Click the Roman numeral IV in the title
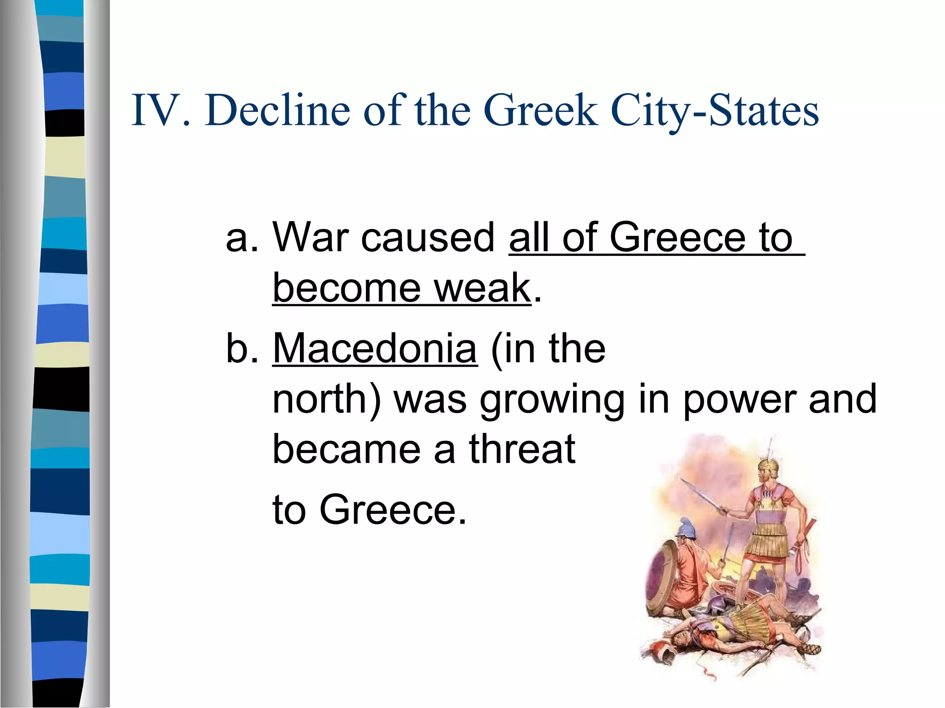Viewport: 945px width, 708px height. tap(155, 111)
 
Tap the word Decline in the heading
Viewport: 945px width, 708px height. tap(277, 111)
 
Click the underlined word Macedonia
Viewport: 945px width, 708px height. tap(375, 348)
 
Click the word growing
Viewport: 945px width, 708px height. tap(552, 400)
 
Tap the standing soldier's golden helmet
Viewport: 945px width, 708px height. tap(769, 466)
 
